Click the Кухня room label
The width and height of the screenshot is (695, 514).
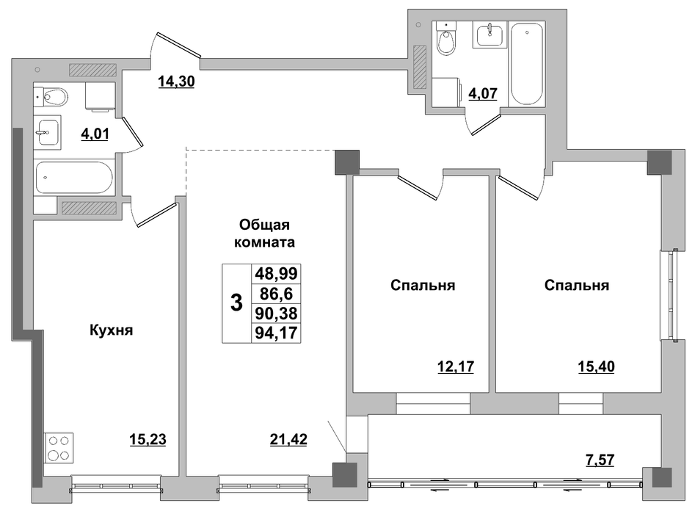click(x=112, y=330)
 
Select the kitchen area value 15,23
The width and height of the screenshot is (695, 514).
click(x=148, y=439)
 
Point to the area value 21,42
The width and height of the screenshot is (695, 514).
click(x=288, y=439)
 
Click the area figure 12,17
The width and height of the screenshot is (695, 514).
click(x=456, y=366)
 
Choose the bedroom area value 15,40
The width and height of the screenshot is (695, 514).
click(x=596, y=366)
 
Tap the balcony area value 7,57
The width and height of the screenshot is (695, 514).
click(x=600, y=460)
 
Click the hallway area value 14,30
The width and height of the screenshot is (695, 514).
click(x=176, y=82)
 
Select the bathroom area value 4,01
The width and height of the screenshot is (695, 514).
click(x=95, y=134)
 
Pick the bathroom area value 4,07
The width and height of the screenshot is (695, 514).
click(x=483, y=93)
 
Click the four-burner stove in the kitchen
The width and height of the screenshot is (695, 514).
click(x=59, y=448)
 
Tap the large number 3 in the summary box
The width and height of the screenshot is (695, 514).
click(x=237, y=303)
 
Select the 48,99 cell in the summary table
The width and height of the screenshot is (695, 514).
click(x=276, y=274)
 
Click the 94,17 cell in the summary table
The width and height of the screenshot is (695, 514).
click(x=276, y=333)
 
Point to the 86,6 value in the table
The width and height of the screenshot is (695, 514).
click(x=276, y=294)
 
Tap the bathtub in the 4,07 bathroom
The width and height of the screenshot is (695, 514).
click(x=526, y=65)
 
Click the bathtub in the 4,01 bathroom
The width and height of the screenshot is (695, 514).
click(x=73, y=178)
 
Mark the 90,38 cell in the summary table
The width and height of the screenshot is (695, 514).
click(x=276, y=313)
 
